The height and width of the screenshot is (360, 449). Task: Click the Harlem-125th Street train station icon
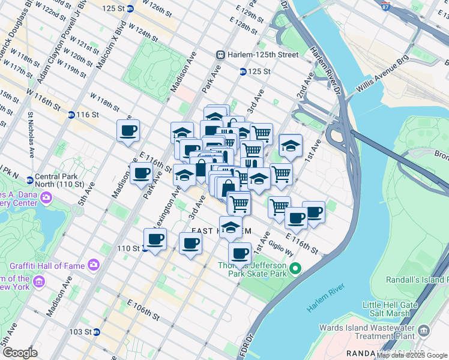click(221, 55)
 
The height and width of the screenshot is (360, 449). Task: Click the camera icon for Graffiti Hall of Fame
click(93, 264)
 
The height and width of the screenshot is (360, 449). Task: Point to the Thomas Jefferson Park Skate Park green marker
click(295, 268)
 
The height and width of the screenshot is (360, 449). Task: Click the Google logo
click(20, 353)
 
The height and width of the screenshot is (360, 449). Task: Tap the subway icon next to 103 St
click(96, 332)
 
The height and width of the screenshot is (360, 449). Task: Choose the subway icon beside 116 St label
click(71, 115)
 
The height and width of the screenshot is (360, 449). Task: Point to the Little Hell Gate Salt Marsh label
click(393, 310)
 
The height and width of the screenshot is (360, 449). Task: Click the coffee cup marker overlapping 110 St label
click(155, 239)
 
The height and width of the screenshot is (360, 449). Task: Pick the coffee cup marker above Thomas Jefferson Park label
click(240, 253)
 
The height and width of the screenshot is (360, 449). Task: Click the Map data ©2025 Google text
click(412, 355)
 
